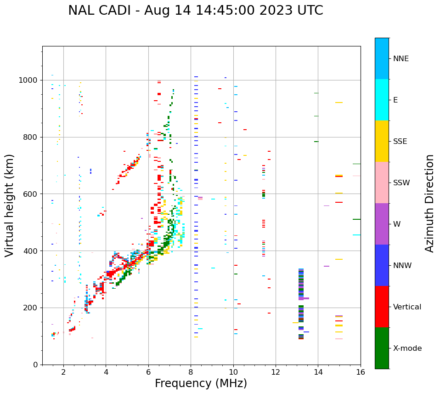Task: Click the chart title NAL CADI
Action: [195, 11]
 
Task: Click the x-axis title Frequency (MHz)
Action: [201, 383]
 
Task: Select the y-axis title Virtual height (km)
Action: [10, 205]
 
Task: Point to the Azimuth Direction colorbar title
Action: [429, 203]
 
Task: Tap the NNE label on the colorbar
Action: [401, 59]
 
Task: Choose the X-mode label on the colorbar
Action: [407, 348]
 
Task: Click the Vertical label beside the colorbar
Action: [407, 307]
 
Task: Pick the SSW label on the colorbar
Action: [401, 183]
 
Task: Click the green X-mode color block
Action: [382, 348]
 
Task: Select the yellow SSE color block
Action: [382, 141]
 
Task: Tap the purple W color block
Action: [382, 224]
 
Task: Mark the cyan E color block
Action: [382, 100]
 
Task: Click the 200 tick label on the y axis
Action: [33, 308]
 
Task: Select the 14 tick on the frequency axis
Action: [318, 371]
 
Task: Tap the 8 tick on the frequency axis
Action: [191, 371]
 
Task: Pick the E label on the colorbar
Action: [395, 100]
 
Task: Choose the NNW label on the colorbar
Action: [402, 266]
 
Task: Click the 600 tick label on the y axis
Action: [33, 194]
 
